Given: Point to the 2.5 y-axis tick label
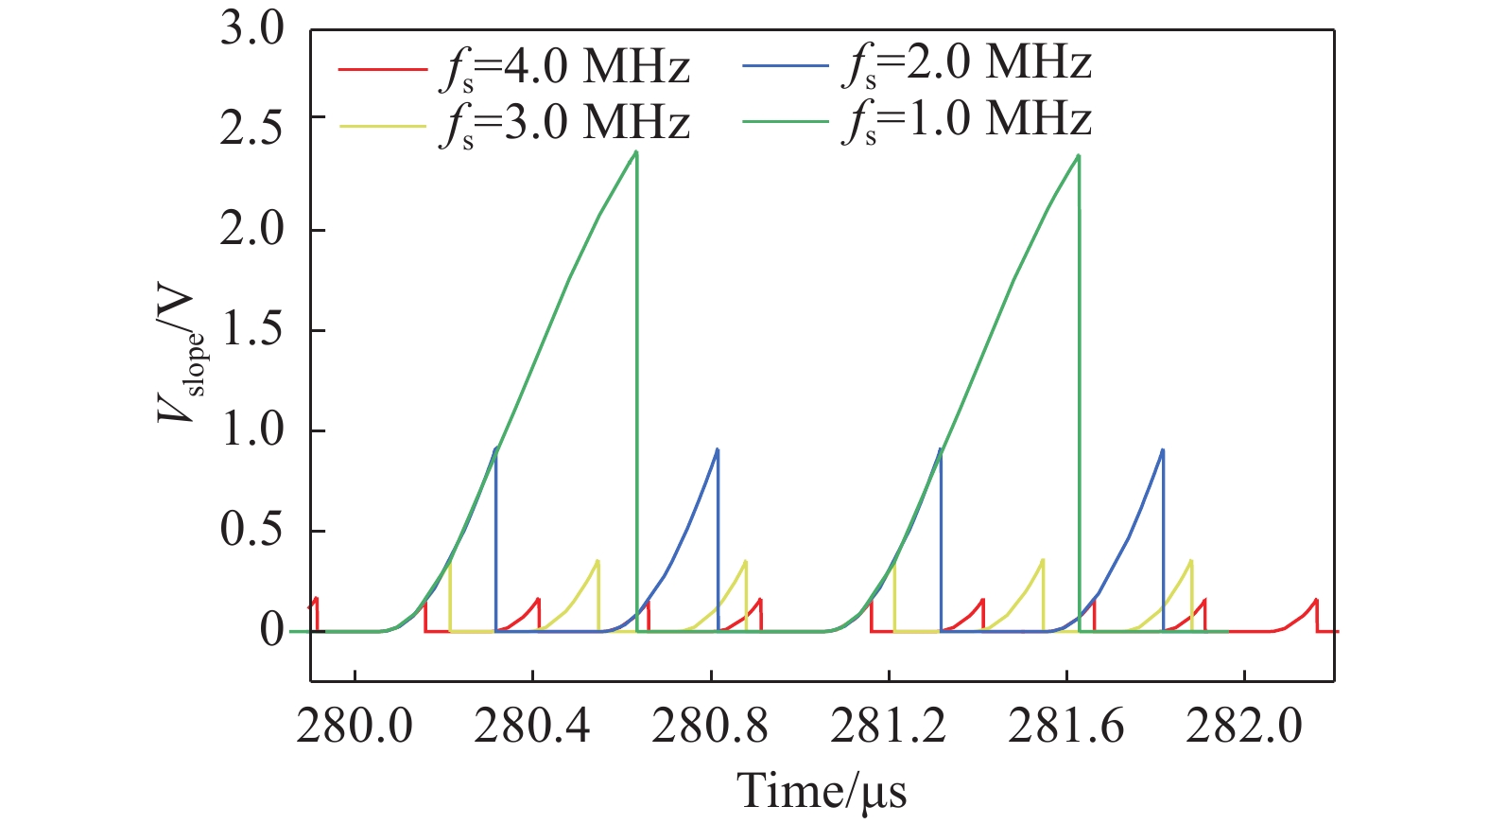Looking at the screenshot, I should click(251, 129).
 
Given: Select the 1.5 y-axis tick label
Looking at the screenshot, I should click(251, 329).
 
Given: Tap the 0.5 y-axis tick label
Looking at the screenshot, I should click(251, 530).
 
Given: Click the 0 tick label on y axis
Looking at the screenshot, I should click(271, 630).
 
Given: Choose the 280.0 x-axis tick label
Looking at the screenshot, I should click(355, 727).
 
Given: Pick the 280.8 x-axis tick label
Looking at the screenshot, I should click(710, 727).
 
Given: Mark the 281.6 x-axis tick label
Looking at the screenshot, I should click(1065, 727).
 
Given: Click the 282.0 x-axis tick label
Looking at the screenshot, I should click(1243, 727).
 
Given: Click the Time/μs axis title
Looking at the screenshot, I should click(822, 791).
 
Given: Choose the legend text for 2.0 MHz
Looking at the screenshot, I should click(966, 64).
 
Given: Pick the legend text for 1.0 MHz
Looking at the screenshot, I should click(966, 121).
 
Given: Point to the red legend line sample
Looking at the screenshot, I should click(382, 69).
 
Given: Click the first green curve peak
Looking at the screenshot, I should click(636, 151).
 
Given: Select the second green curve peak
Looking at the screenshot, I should click(1079, 156).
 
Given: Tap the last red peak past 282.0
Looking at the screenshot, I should click(1315, 600).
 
